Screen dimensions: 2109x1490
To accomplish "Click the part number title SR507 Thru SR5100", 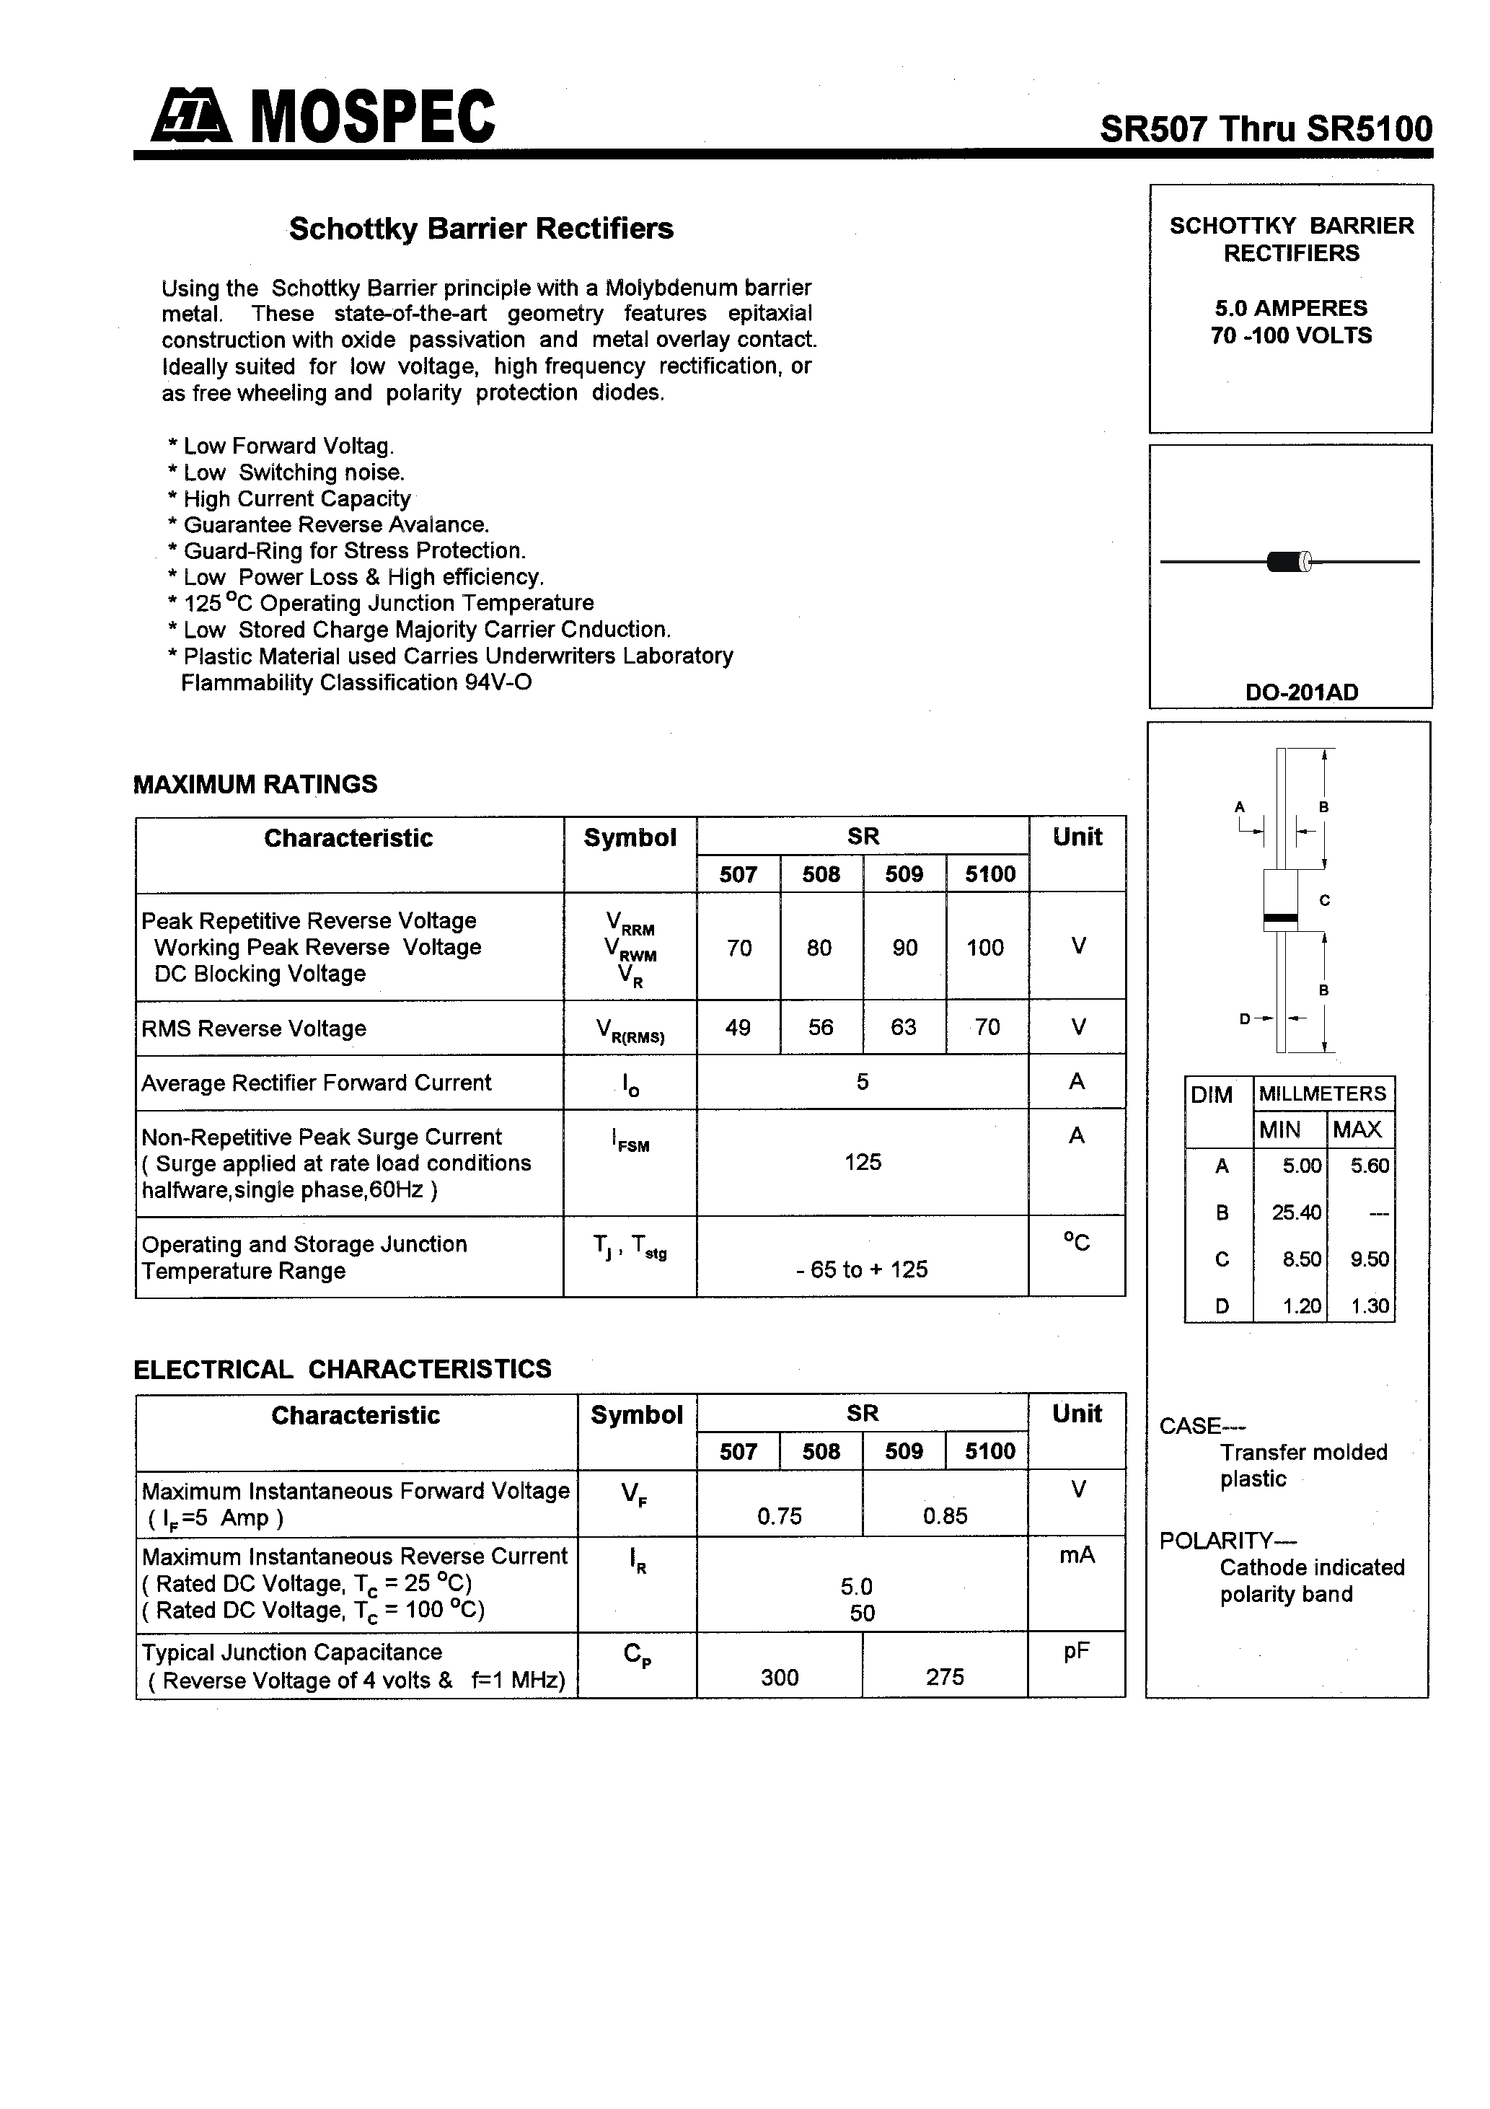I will (x=1265, y=128).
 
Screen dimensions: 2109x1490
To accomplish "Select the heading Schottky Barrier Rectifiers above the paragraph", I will (x=480, y=229).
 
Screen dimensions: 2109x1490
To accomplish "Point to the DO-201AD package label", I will (x=1301, y=692).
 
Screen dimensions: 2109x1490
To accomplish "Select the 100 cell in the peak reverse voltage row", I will (x=984, y=947).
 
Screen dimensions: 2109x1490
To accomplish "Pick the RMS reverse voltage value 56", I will (x=820, y=1027).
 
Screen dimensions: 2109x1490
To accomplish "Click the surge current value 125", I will (x=862, y=1162).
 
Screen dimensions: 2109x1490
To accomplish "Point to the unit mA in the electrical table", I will (x=1076, y=1554).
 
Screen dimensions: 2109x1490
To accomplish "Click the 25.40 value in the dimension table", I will (x=1295, y=1212).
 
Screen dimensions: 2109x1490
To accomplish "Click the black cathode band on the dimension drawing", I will (x=1281, y=917).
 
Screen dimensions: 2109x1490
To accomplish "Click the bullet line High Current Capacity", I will (x=296, y=499).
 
